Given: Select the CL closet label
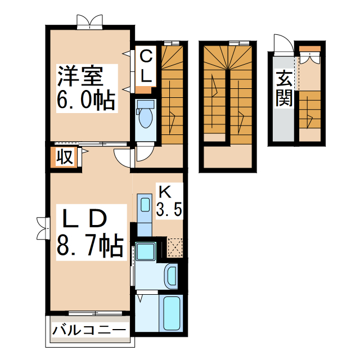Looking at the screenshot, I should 146,66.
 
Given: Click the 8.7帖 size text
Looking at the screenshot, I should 90,246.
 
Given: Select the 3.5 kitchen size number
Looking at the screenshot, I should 168,210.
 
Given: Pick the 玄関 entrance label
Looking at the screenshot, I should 283,88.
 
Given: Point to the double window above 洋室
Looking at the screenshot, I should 90,21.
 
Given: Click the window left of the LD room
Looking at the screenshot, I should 41,228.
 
